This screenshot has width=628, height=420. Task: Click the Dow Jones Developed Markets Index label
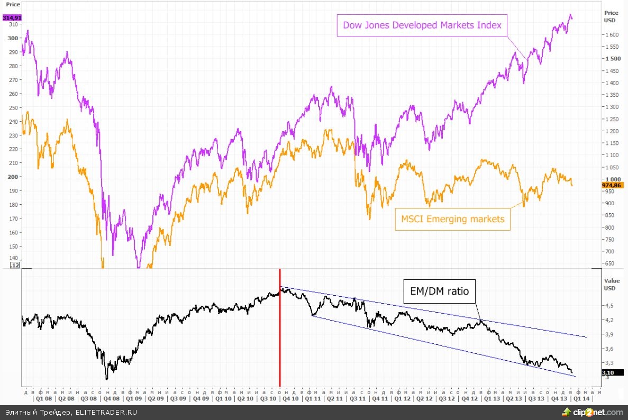click(x=422, y=25)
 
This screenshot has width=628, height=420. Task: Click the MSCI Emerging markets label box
click(x=452, y=218)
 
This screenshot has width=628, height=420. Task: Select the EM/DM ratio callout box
click(x=439, y=291)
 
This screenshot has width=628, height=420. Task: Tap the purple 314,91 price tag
click(x=11, y=17)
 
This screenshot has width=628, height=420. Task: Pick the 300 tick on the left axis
click(x=12, y=38)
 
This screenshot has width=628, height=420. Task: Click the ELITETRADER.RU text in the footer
click(x=106, y=412)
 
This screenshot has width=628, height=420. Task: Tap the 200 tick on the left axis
click(x=12, y=177)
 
